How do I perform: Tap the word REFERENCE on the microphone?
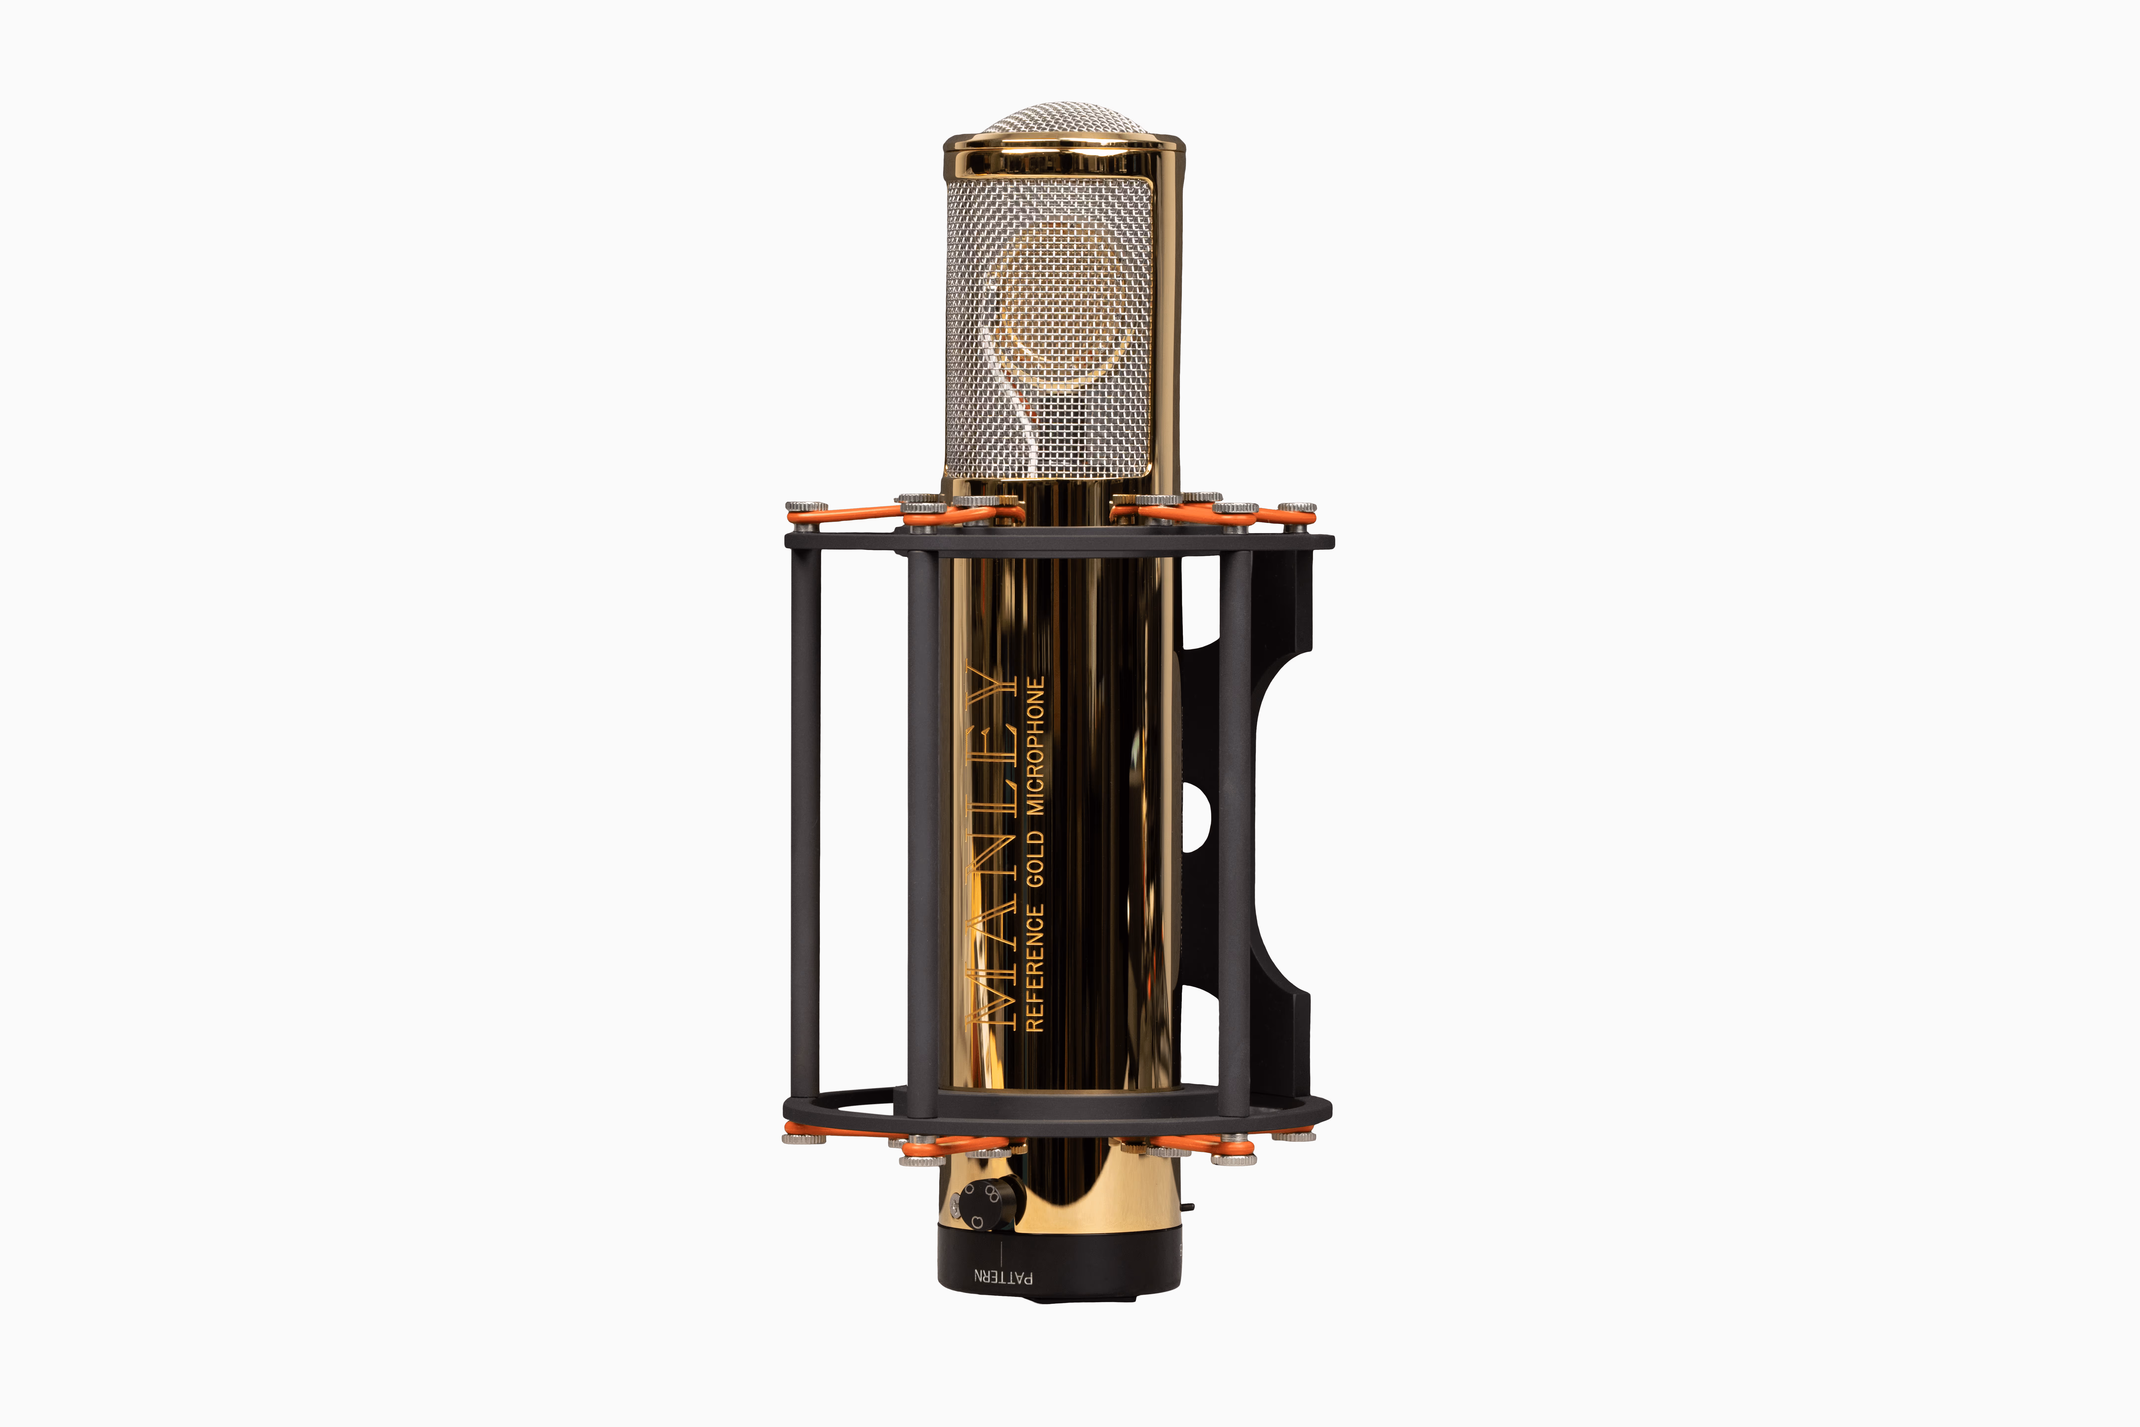pos(1035,968)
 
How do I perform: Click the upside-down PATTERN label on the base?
pos(1004,1277)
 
